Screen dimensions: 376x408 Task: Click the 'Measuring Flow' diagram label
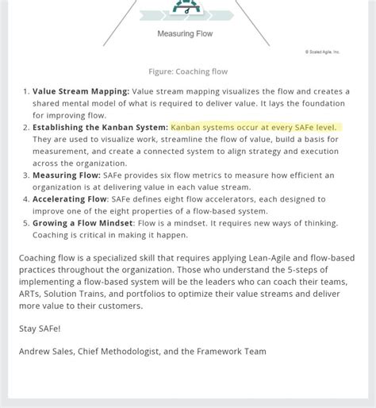185,34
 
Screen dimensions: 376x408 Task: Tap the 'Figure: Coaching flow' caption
187,71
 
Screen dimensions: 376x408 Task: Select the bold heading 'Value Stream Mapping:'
81,91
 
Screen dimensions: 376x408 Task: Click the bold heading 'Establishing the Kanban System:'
100,127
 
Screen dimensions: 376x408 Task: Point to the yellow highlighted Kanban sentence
254,127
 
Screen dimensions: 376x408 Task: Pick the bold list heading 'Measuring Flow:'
67,175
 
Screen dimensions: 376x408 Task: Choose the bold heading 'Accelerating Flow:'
71,199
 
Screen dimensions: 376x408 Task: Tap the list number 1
25,91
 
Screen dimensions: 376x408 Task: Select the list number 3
25,175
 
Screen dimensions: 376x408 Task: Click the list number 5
25,223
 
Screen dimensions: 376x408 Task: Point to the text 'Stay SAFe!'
39,328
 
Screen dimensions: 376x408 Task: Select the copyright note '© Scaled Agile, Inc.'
322,52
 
